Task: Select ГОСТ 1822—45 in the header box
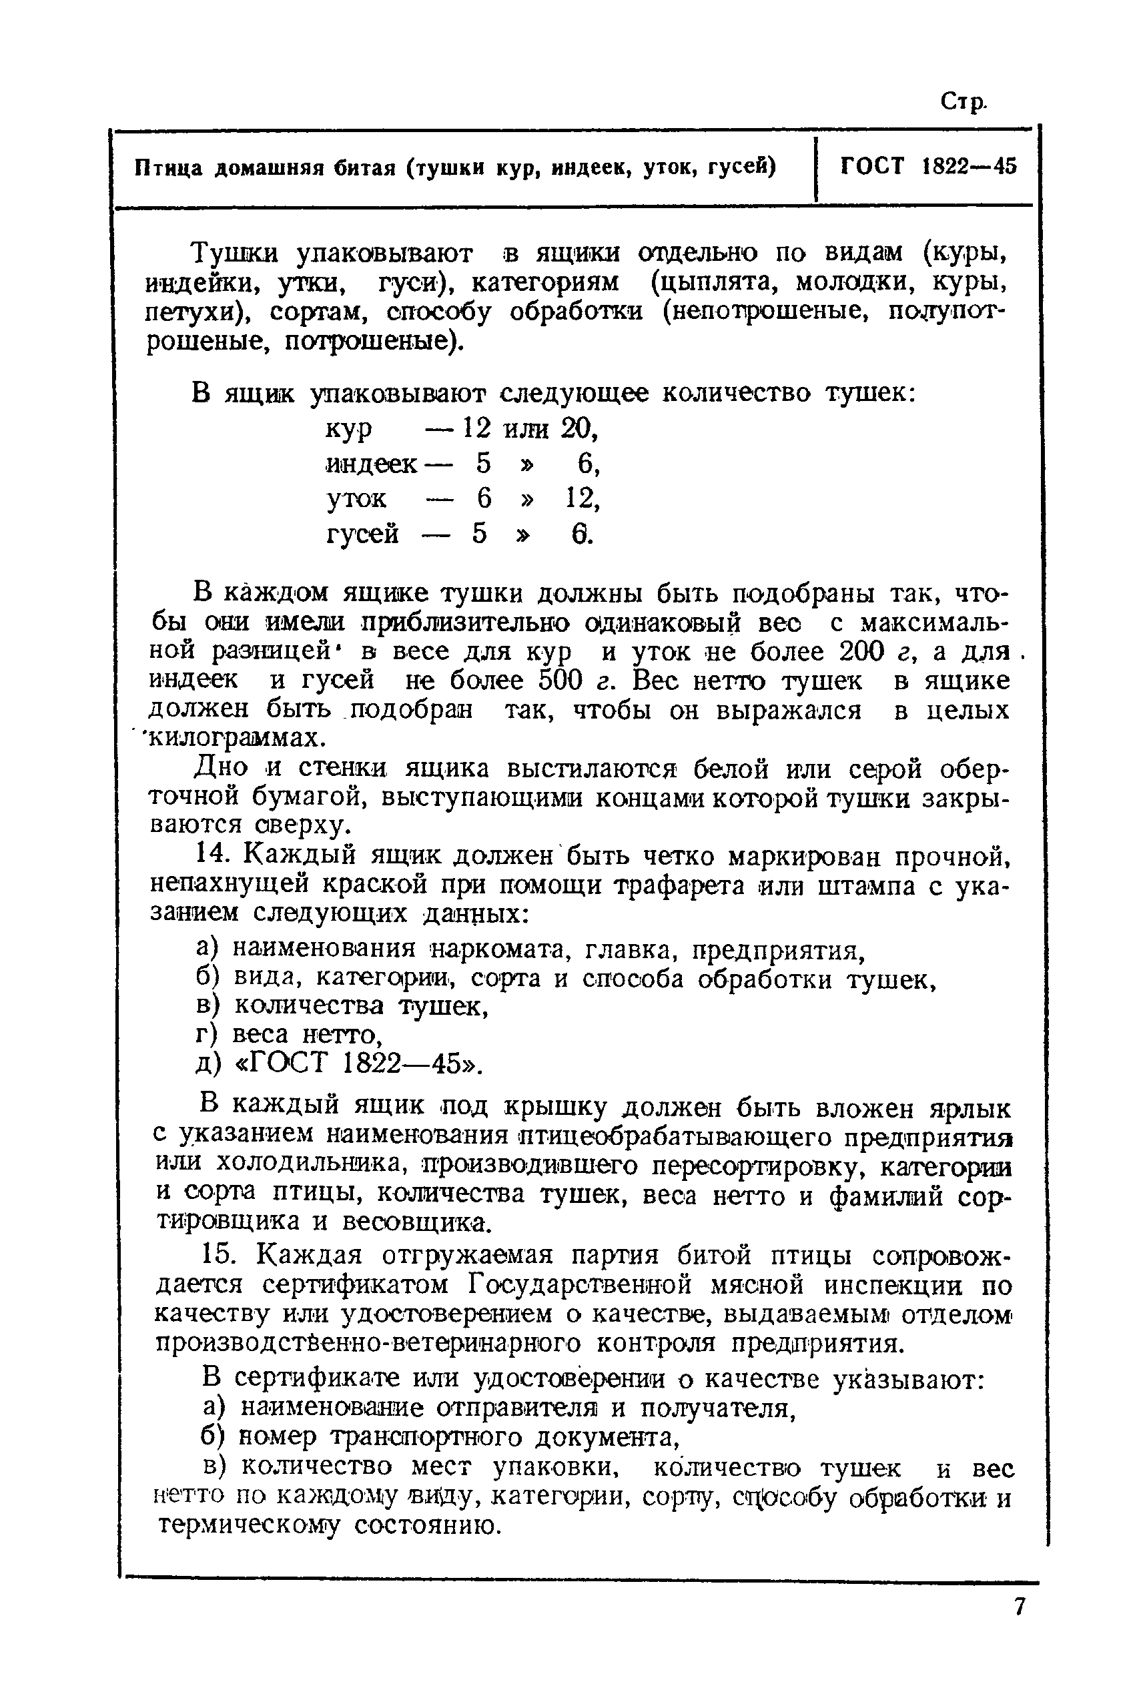tap(928, 166)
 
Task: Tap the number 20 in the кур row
tap(579, 428)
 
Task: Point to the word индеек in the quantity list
tap(372, 464)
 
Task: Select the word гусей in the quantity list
tap(362, 534)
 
